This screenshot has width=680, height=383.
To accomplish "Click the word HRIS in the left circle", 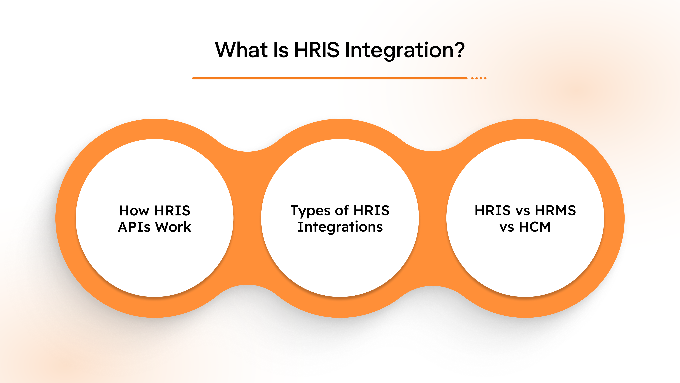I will (172, 211).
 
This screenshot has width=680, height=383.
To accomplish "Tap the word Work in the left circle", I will (173, 227).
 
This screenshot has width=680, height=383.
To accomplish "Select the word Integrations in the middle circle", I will (340, 227).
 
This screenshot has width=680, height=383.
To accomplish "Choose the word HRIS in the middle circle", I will (371, 211).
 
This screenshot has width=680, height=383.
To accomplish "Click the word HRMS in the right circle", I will (555, 211).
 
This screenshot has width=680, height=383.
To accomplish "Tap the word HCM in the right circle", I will (535, 227).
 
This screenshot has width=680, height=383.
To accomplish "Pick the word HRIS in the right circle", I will (493, 211).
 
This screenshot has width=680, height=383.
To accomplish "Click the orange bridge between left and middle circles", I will (247, 218).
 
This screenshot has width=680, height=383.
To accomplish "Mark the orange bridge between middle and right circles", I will (433, 218).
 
